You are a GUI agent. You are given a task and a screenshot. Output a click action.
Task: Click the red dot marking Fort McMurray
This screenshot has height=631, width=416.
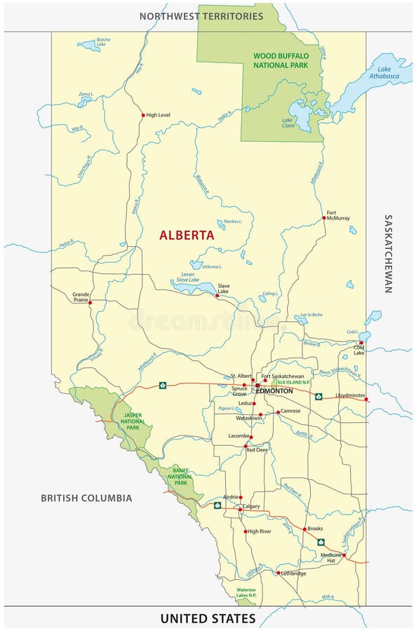tap(323, 218)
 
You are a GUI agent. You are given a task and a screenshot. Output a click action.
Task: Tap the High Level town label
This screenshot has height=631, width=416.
tap(159, 115)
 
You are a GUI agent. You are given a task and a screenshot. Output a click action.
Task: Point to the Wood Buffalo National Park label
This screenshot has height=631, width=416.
tap(281, 59)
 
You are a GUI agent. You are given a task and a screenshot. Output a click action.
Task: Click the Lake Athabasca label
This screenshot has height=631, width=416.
tap(384, 72)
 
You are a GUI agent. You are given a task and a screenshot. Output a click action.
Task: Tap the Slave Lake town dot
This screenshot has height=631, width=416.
tap(217, 296)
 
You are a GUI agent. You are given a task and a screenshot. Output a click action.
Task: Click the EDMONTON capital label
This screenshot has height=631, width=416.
tap(274, 391)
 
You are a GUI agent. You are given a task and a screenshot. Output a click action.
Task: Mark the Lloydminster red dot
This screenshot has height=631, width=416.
tap(365, 399)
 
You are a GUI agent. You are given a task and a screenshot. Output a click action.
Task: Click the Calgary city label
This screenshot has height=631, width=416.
tap(251, 506)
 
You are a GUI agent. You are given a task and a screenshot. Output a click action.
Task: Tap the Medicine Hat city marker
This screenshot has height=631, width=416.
tap(344, 555)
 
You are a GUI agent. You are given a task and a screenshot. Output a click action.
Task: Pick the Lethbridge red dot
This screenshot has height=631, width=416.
tap(279, 573)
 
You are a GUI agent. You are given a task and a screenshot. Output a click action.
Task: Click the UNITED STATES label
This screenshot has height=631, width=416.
tap(208, 618)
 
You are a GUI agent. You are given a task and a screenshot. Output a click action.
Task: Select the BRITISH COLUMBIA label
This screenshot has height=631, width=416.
tap(86, 498)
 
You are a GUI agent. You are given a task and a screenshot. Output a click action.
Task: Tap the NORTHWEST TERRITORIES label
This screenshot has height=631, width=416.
tap(201, 15)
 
